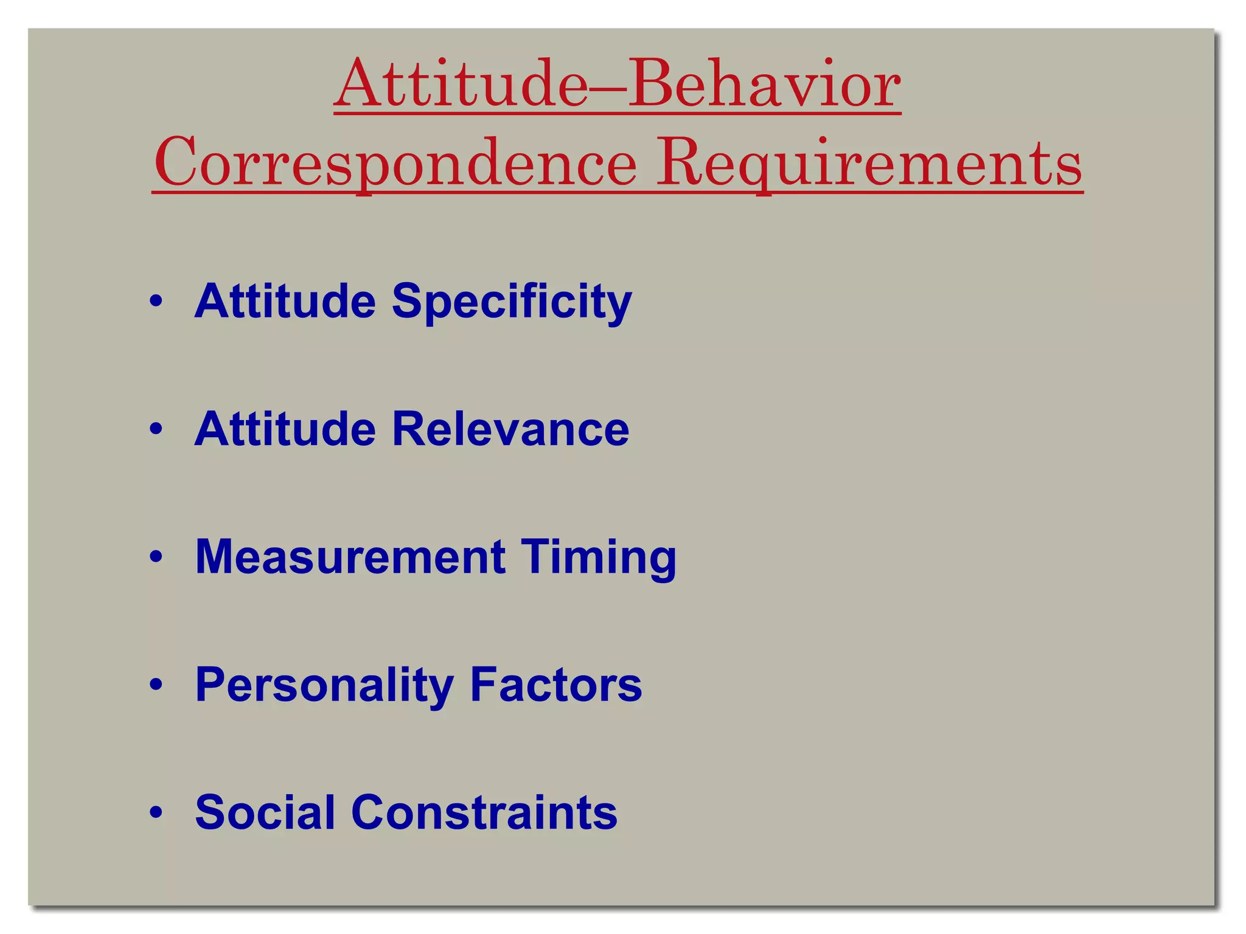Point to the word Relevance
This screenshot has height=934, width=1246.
[x=510, y=429]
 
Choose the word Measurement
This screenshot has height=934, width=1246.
[x=350, y=557]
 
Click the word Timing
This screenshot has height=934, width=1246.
[x=599, y=558]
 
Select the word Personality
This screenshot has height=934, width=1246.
[x=324, y=686]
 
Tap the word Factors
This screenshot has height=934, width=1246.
[x=556, y=685]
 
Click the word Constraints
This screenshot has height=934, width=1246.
[x=484, y=812]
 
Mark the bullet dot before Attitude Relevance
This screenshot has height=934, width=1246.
[x=156, y=429]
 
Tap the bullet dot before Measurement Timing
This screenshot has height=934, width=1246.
[x=156, y=556]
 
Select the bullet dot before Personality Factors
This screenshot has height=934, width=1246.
[x=156, y=685]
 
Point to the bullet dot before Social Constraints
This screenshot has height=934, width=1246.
[x=156, y=812]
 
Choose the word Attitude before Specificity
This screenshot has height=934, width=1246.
[x=285, y=301]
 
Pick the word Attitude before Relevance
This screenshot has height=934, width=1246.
[x=285, y=429]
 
